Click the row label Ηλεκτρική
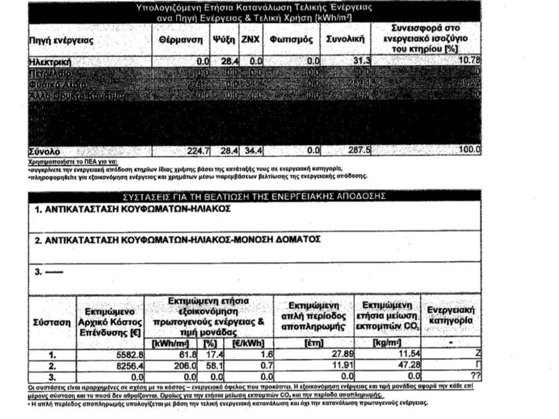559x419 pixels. pyautogui.click(x=50, y=62)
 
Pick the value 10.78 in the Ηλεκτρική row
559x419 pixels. pyautogui.click(x=468, y=61)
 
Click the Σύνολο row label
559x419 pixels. pyautogui.click(x=44, y=151)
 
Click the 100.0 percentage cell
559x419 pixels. pyautogui.click(x=470, y=150)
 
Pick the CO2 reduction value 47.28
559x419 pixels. pyautogui.click(x=409, y=364)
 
